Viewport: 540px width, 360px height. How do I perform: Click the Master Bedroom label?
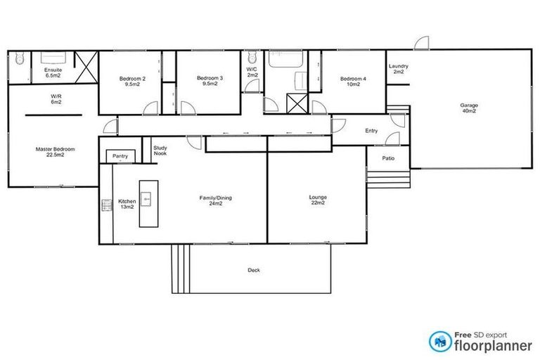(55, 151)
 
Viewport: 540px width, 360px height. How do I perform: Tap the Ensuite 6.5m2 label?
(53, 73)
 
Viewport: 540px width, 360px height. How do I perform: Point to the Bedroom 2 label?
(132, 80)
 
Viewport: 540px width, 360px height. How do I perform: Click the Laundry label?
(399, 69)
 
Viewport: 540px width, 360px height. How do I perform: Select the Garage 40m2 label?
(470, 108)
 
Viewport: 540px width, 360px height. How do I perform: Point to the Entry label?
(371, 131)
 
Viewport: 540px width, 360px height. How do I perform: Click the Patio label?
(388, 158)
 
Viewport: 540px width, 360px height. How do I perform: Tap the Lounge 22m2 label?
(318, 200)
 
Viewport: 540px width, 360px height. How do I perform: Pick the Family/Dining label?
(215, 200)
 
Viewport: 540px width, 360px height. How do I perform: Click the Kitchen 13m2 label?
(127, 203)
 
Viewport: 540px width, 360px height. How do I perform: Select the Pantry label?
(120, 155)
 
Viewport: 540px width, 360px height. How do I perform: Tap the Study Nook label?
(160, 150)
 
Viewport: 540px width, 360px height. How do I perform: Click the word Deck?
(253, 270)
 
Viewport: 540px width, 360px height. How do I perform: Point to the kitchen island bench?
(148, 202)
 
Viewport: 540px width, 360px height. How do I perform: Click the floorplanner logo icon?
(441, 341)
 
